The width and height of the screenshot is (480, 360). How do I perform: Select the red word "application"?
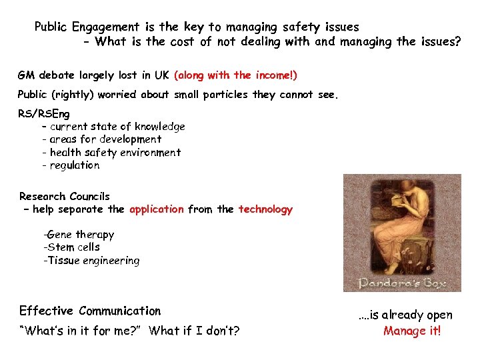(x=157, y=209)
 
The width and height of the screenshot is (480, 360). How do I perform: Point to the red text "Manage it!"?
(x=412, y=331)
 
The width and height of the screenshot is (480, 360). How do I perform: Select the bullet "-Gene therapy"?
(x=79, y=235)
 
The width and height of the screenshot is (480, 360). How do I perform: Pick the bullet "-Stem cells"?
(x=71, y=247)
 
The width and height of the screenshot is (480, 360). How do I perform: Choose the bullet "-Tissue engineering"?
(x=91, y=261)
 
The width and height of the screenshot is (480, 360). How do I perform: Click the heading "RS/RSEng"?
(x=43, y=114)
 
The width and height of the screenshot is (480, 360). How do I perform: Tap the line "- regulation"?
(x=70, y=165)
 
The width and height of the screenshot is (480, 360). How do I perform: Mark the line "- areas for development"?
(x=101, y=139)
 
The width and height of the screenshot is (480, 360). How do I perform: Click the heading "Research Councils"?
(x=65, y=197)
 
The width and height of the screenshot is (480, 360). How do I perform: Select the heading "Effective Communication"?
(x=90, y=311)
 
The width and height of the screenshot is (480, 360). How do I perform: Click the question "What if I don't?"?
(x=195, y=331)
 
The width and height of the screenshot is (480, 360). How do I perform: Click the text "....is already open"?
(x=405, y=315)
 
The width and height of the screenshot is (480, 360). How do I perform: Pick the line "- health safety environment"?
(x=111, y=153)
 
